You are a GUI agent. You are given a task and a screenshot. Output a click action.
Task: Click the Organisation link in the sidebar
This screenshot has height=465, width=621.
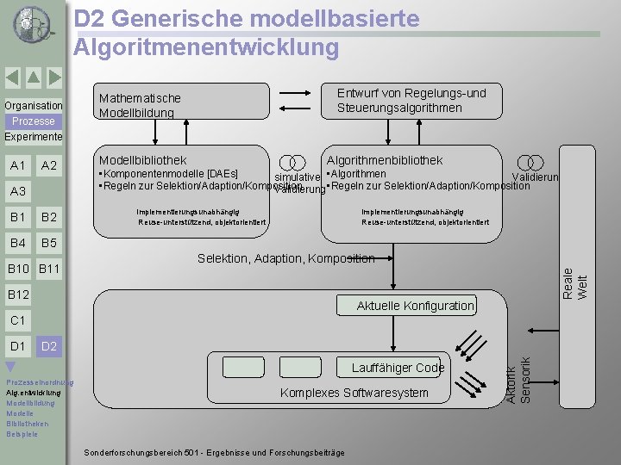click(33, 106)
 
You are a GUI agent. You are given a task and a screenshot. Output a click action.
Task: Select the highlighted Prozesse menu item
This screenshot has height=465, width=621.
click(34, 121)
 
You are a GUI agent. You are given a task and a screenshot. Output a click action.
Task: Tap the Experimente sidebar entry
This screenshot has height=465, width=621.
click(33, 137)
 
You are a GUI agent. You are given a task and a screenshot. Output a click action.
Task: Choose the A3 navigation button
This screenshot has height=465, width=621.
click(17, 191)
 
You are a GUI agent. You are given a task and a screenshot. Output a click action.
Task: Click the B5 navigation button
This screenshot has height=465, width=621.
click(49, 243)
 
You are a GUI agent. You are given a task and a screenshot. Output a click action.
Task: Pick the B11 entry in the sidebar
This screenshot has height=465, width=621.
click(49, 270)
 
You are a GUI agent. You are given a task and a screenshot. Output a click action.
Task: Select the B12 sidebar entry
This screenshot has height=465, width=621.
click(18, 295)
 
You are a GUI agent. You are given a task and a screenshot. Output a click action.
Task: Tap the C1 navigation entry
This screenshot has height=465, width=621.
click(17, 320)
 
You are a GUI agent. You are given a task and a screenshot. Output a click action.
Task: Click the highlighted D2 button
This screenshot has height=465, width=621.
click(48, 346)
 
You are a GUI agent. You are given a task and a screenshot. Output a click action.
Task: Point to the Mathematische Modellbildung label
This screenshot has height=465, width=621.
click(140, 106)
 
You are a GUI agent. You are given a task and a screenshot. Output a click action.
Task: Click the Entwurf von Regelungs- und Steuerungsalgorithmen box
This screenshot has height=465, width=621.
click(411, 100)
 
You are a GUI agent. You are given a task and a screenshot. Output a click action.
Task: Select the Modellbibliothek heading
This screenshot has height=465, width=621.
click(142, 160)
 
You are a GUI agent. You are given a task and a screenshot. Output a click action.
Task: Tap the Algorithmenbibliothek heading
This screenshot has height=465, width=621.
click(384, 160)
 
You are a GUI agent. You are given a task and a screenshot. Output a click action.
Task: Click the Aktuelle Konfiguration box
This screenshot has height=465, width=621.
click(416, 306)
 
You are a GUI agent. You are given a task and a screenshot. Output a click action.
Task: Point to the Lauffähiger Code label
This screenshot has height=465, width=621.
click(398, 368)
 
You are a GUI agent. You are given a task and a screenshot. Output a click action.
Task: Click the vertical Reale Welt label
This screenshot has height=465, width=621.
click(574, 283)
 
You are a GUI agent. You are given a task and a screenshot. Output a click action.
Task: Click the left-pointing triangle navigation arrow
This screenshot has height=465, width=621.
click(12, 77)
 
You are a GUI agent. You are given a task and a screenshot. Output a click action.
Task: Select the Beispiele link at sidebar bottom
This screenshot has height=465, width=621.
click(22, 434)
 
